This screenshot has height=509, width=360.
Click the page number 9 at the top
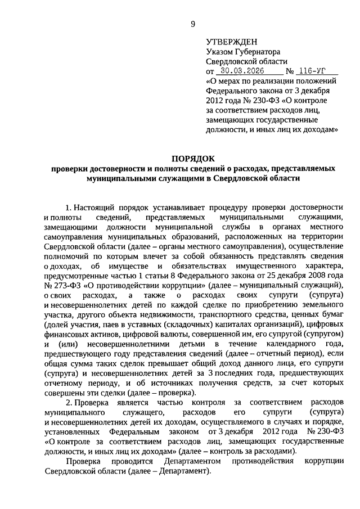click(x=193, y=23)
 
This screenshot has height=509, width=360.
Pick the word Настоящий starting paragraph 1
click(x=99, y=208)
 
